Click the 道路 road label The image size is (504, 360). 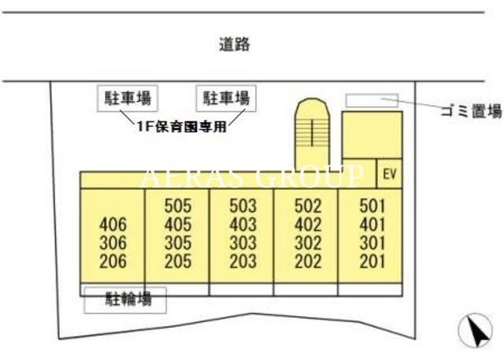point(235,44)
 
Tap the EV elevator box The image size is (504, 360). point(389,173)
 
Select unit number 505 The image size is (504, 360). point(178,206)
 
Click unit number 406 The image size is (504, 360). point(113,225)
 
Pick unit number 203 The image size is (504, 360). point(243,262)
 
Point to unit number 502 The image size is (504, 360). point(308,206)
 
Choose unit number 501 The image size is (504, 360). point(372,206)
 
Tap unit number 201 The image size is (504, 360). point(372,262)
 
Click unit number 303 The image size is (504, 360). point(243,243)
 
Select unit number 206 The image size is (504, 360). point(113,262)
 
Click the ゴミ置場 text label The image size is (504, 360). point(471,111)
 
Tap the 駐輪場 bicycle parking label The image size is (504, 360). point(128,299)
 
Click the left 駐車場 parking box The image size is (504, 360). point(128,98)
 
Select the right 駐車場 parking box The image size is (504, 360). point(226,98)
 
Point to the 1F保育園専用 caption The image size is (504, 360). point(182,127)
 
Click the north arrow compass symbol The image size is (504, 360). point(475,330)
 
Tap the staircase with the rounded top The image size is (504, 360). point(312,135)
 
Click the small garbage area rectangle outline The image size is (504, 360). point(372,100)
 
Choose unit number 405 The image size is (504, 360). point(178,225)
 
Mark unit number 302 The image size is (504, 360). point(308,243)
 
